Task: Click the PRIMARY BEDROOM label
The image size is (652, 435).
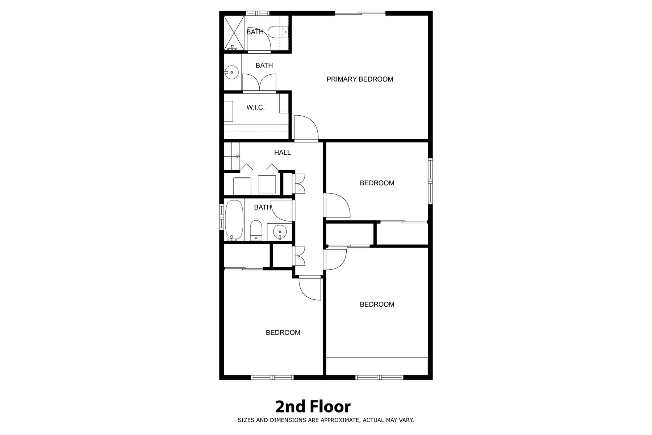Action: pos(360,79)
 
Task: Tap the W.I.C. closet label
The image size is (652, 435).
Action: pos(255,108)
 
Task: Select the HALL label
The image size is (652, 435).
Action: pos(282,153)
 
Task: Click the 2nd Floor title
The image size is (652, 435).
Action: pos(313,407)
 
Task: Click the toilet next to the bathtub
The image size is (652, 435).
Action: pos(256,230)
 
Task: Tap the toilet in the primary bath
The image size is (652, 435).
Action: pos(279,32)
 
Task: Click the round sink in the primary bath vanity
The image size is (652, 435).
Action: pos(231,72)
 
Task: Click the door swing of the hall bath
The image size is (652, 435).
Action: pos(281,210)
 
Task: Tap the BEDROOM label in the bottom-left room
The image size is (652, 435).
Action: pos(283,332)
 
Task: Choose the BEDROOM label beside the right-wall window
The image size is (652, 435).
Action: pos(377,183)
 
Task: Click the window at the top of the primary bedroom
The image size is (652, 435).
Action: pos(360,14)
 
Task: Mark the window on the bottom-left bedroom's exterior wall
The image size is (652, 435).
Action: pos(272,377)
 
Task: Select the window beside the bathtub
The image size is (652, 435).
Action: pos(221,216)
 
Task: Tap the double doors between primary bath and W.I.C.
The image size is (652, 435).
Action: pos(259,82)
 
